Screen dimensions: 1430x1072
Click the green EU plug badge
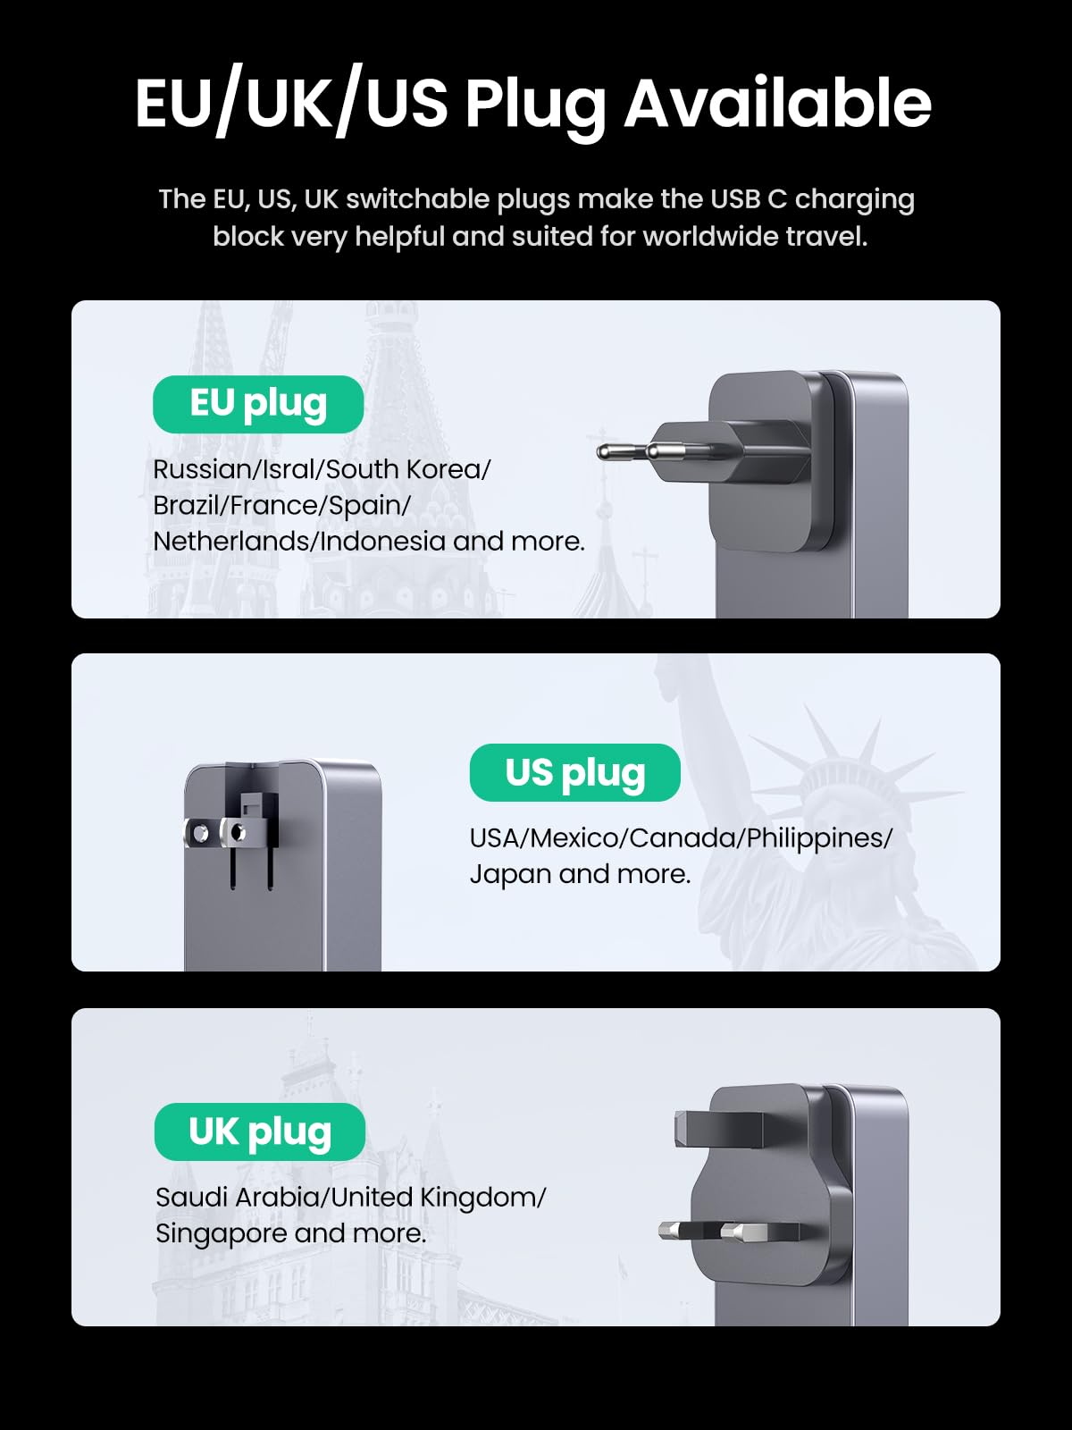(x=258, y=404)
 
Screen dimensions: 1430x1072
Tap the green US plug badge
(x=574, y=773)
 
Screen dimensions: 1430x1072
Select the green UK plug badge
(x=260, y=1132)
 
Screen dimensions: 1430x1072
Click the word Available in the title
(x=777, y=104)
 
